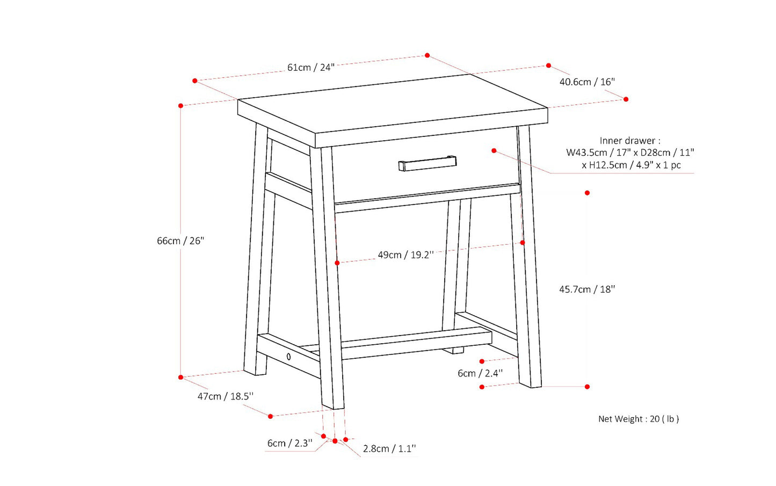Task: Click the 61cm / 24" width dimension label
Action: [x=311, y=67]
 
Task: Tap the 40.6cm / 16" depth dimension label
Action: [x=587, y=82]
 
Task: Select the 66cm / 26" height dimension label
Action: [x=180, y=241]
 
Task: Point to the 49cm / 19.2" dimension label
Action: [x=405, y=255]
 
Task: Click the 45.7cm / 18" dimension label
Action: [x=587, y=289]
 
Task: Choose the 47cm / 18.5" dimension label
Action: [x=226, y=396]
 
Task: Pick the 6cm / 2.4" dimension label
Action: [x=480, y=373]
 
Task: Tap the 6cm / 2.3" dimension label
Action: [x=289, y=443]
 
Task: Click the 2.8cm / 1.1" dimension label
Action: [x=389, y=448]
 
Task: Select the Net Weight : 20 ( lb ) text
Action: [x=639, y=419]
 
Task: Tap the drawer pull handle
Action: [x=427, y=163]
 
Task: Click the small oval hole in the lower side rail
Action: [x=288, y=356]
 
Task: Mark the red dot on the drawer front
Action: [x=494, y=151]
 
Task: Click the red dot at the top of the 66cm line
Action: [x=180, y=106]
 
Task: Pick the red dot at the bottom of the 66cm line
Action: [x=180, y=377]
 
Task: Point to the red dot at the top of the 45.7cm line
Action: [x=587, y=193]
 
